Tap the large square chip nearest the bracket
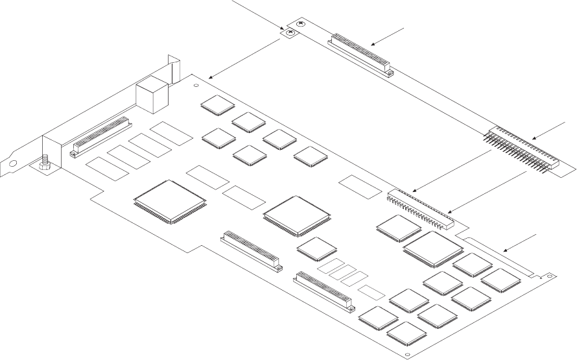170,200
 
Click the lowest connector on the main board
323,289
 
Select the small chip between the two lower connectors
316,248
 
